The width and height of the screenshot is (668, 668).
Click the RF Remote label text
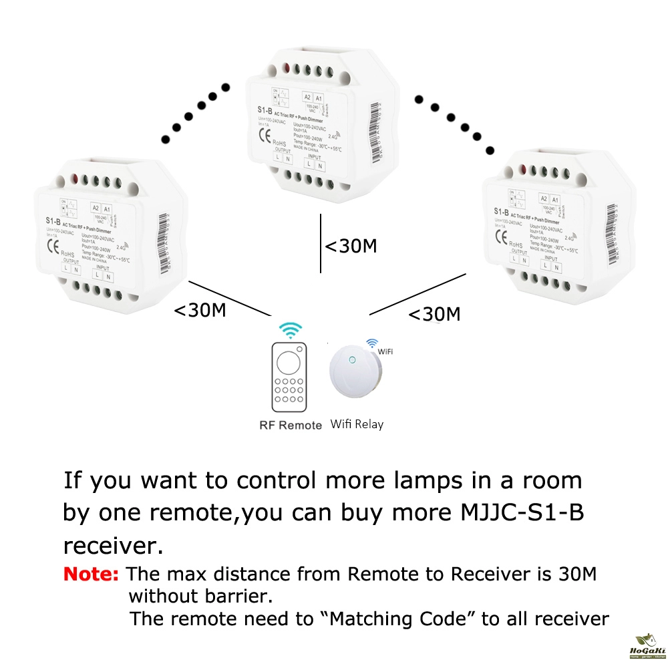point(291,425)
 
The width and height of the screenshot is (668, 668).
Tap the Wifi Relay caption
point(357,424)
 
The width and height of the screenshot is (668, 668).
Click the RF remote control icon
point(289,377)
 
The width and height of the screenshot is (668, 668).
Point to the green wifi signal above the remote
point(290,331)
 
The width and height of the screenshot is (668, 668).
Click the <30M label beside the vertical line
point(351,246)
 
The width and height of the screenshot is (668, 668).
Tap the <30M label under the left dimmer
point(200,311)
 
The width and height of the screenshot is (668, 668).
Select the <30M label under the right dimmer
point(434,314)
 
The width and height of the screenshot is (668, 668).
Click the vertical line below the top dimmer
point(321,244)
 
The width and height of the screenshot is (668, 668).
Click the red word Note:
point(92,574)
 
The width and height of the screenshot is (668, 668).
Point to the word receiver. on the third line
point(114,545)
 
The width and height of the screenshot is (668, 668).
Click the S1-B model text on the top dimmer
point(266,110)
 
